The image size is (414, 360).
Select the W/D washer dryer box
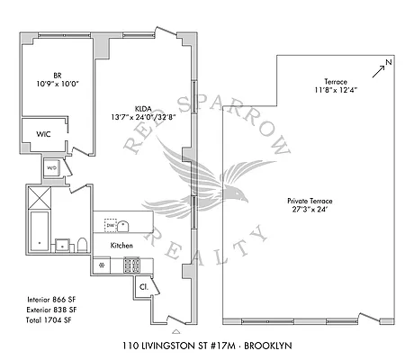coord(53,167)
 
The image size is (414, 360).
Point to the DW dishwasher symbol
coord(111,226)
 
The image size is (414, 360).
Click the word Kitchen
coord(122,246)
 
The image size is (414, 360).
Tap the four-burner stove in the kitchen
coord(132,265)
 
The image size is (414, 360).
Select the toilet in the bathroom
coord(81,243)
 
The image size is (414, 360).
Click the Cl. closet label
coord(143,287)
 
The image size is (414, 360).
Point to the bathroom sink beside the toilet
coord(62,244)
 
